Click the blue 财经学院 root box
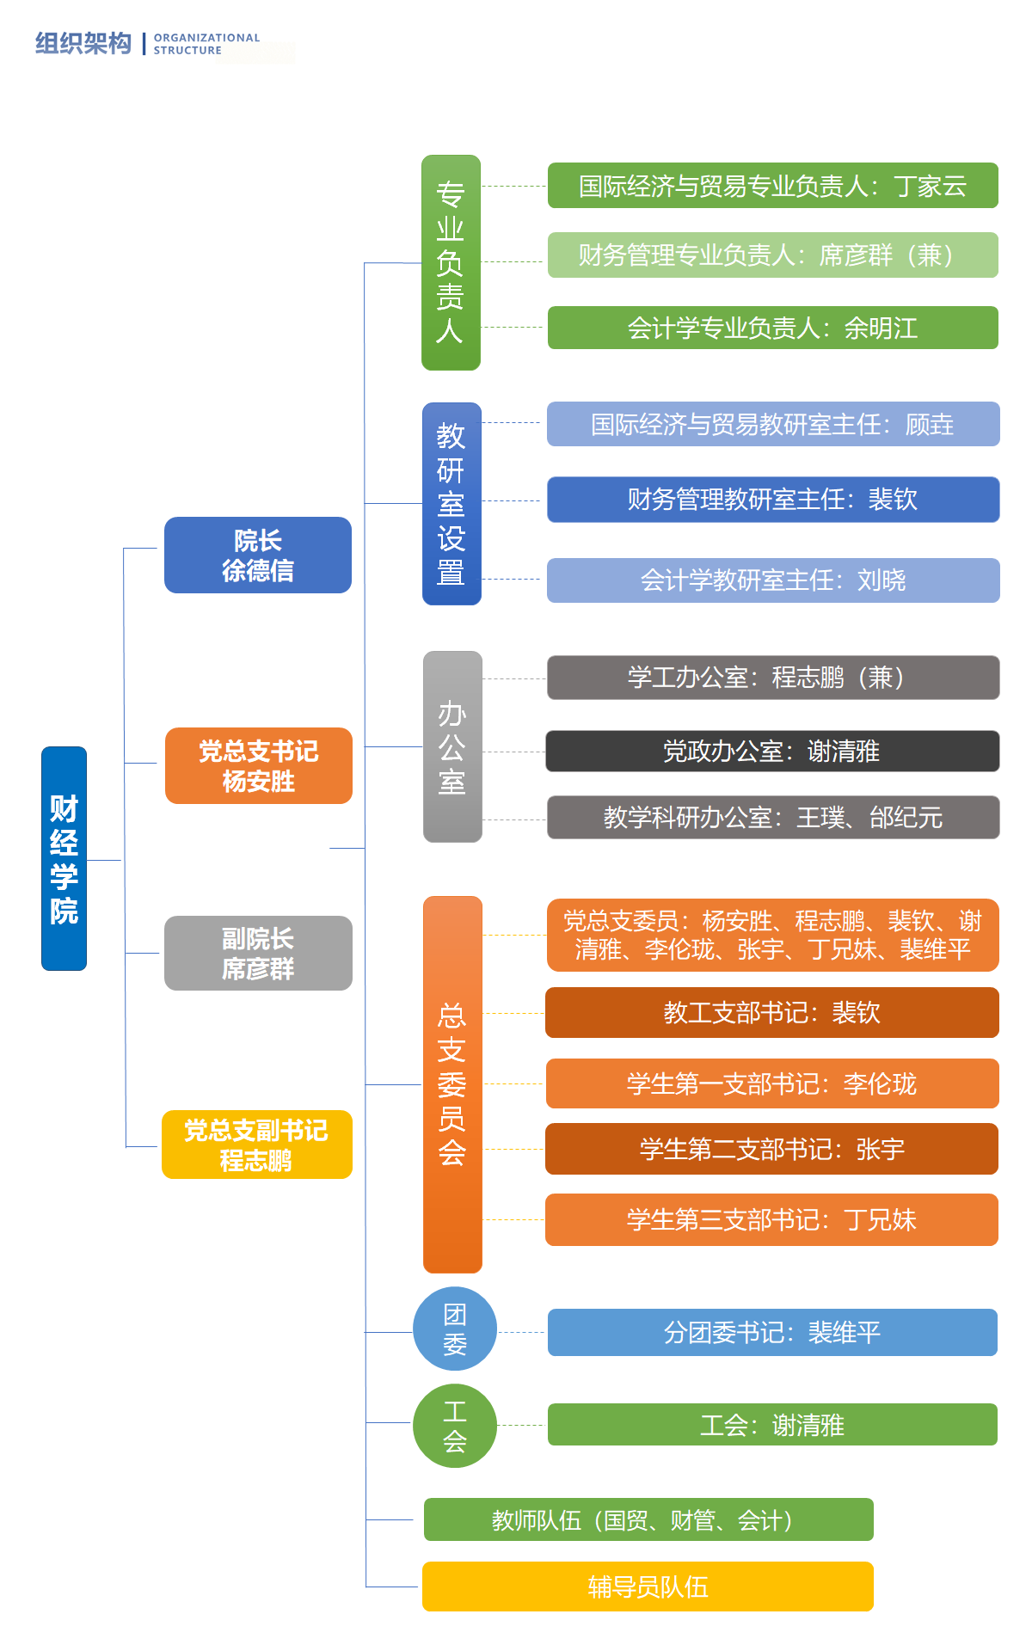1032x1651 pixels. [x=64, y=858]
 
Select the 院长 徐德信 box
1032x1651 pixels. [x=258, y=555]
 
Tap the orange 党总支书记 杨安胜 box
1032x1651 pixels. [x=258, y=765]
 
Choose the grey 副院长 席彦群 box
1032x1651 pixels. [x=258, y=953]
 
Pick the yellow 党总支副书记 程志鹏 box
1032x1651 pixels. [x=256, y=1145]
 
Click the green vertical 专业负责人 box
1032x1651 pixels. [x=451, y=262]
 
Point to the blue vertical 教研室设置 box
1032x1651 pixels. [x=451, y=503]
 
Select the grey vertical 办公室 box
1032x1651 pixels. [x=452, y=746]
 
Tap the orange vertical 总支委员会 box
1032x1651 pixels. [x=452, y=1083]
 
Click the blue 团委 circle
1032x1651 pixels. [x=455, y=1329]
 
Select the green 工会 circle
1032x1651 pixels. [x=455, y=1425]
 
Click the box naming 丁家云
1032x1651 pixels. [x=772, y=186]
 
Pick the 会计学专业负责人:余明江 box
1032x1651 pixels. [x=772, y=328]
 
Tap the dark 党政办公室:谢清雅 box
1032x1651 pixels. [x=772, y=751]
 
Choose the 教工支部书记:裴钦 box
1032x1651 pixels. [x=772, y=1012]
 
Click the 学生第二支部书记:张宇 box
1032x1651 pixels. [x=772, y=1149]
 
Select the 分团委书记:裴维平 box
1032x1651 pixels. [x=772, y=1332]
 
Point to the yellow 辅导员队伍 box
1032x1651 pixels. [x=648, y=1586]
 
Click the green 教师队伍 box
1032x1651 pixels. [x=648, y=1519]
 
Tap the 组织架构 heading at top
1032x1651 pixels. [x=83, y=43]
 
